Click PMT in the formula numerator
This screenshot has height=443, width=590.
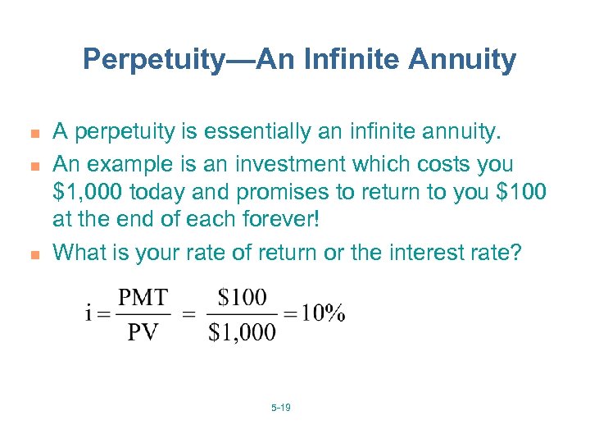tap(143, 297)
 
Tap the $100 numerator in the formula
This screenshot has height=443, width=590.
tap(243, 297)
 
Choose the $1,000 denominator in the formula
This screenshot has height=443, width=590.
tap(243, 331)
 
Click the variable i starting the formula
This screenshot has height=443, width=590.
tap(88, 314)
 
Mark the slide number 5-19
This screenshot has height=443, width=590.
tap(280, 407)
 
